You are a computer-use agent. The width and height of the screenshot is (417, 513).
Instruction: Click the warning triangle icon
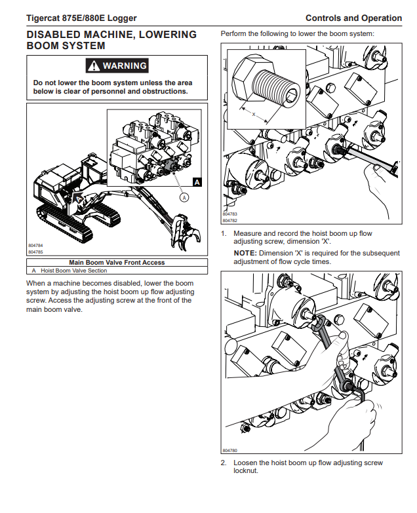[94, 66]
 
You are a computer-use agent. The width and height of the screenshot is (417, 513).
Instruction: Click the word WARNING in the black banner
[125, 66]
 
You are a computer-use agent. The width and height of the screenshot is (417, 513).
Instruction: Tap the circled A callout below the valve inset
[185, 197]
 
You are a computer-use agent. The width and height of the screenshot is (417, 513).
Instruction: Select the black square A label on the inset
[197, 182]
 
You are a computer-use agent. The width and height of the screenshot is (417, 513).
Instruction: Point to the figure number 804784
[35, 246]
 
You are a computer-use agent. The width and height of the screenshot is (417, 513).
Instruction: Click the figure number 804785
[35, 252]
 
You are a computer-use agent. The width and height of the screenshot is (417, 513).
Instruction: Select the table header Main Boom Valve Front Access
[117, 262]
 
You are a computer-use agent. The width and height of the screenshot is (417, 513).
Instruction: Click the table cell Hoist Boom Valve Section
[73, 271]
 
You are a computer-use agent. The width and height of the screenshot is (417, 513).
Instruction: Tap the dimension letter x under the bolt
[254, 114]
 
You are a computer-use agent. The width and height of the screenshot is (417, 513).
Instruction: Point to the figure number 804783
[229, 214]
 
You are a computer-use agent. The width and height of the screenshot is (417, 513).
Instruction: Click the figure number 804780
[229, 451]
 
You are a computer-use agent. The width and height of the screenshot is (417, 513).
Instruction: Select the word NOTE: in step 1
[245, 254]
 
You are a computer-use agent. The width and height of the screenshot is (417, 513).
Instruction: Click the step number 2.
[224, 463]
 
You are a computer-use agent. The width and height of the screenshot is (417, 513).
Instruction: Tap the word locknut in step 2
[245, 471]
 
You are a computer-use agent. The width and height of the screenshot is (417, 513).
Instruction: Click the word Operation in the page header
[382, 18]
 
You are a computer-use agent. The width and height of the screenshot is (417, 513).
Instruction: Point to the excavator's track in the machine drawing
[66, 223]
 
